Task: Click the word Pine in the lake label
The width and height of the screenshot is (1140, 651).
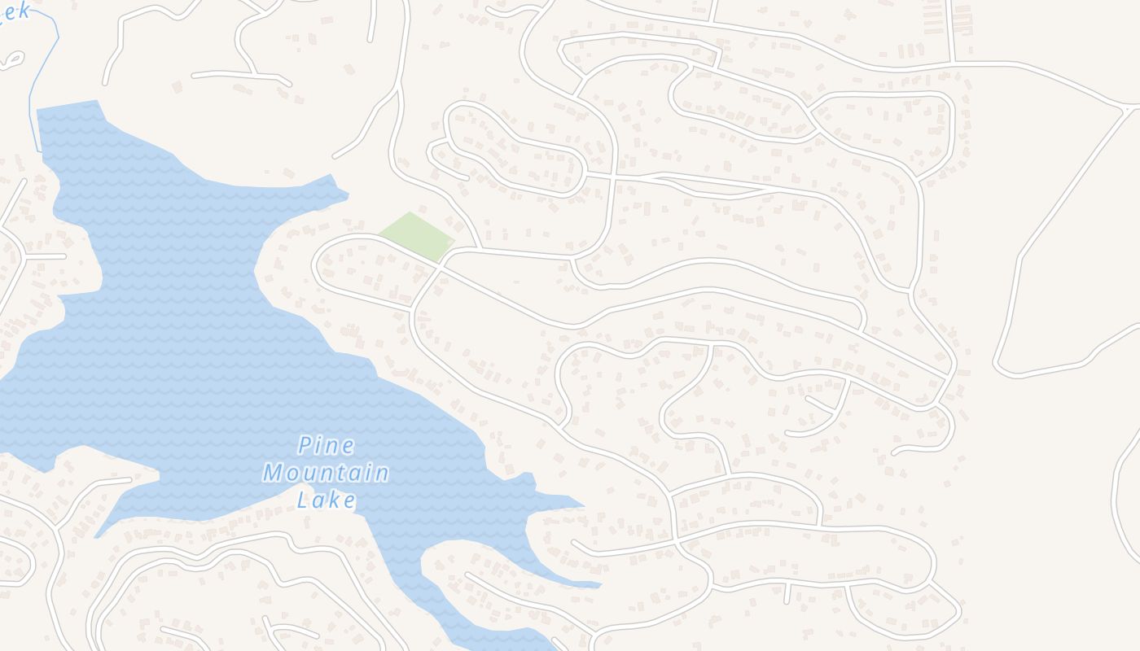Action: [x=327, y=446]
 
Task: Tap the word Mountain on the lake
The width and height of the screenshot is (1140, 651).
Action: [x=326, y=473]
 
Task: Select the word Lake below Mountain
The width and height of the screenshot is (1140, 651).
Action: [x=327, y=500]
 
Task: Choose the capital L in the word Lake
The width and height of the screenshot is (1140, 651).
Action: [x=303, y=500]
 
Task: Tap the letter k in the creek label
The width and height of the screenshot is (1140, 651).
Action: [x=24, y=11]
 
